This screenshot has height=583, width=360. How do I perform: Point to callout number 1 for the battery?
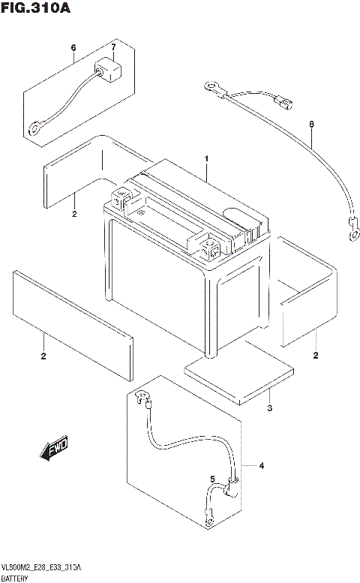[x=205, y=158]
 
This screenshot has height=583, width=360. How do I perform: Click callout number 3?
[x=269, y=409]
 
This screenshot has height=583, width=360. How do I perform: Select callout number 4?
[x=262, y=467]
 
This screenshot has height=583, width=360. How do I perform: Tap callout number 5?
[x=212, y=479]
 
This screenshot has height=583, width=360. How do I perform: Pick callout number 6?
[x=73, y=49]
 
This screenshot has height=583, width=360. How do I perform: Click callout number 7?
[x=113, y=49]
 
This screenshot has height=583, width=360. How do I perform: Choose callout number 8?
[x=310, y=123]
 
